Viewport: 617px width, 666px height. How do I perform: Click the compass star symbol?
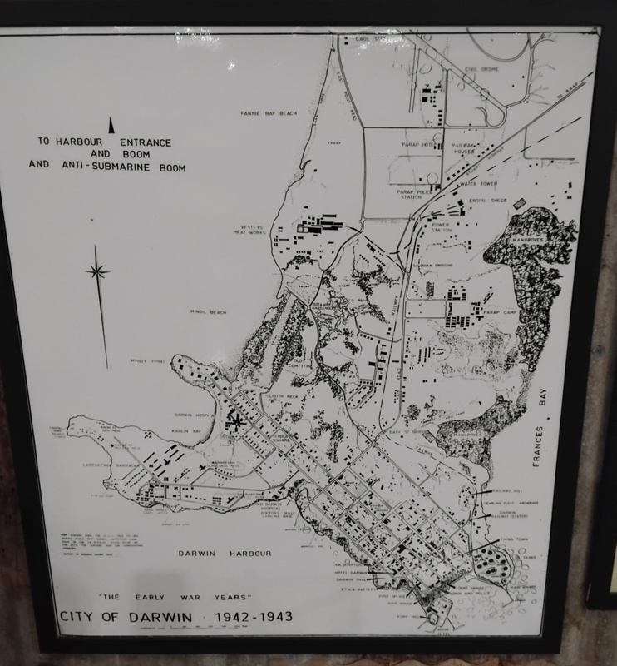(98, 271)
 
